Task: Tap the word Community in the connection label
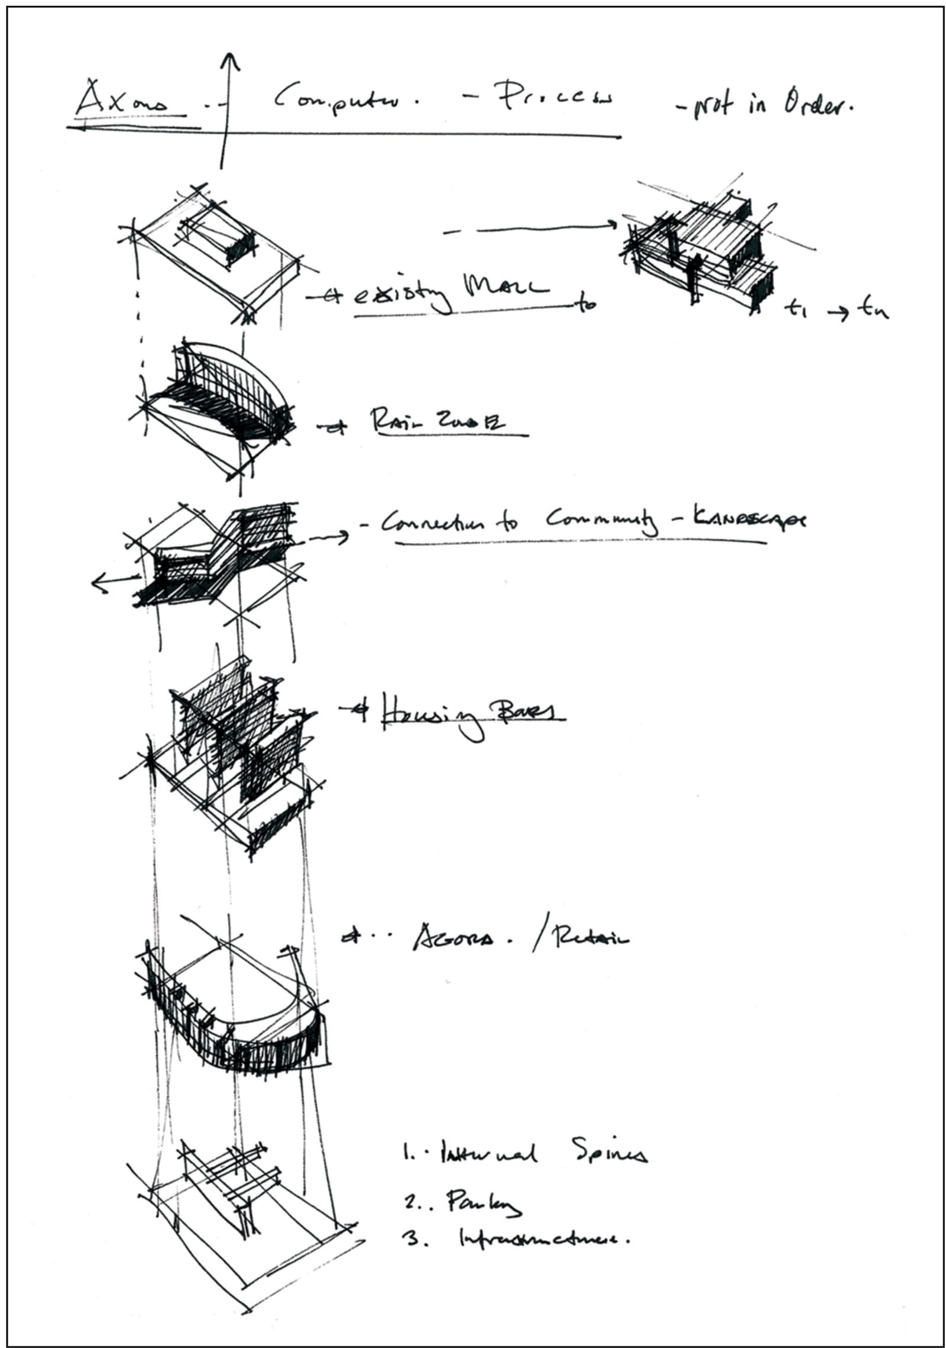(x=600, y=521)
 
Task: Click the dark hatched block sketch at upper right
(x=701, y=249)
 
